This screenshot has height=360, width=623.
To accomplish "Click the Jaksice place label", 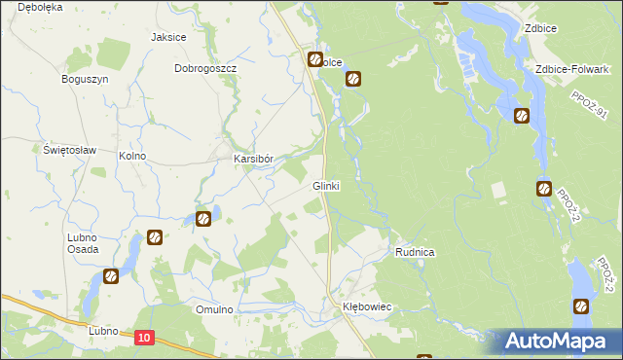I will point(168,37).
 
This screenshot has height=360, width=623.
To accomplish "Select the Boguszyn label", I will point(84,79).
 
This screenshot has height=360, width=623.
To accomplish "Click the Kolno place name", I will point(131,156).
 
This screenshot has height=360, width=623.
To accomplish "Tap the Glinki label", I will point(325,185).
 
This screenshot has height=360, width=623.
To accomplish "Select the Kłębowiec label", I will point(367,306).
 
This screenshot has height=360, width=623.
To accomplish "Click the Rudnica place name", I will point(415,252).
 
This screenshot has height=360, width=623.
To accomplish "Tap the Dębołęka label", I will point(32,6).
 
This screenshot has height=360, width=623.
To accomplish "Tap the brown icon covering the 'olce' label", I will point(316,60).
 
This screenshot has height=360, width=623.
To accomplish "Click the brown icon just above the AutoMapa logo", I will point(581,306).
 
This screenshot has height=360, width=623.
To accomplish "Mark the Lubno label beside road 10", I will point(103,331).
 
